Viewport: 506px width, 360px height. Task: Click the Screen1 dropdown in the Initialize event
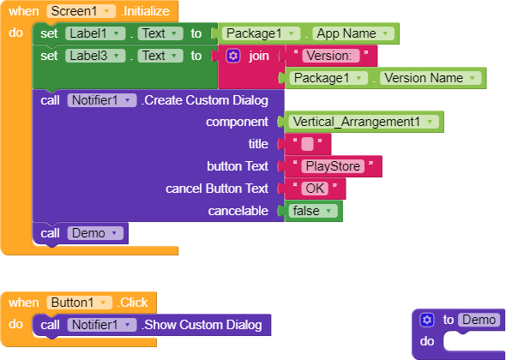(x=81, y=11)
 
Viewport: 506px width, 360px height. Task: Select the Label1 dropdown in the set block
(x=95, y=33)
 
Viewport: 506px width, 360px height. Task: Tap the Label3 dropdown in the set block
(x=95, y=56)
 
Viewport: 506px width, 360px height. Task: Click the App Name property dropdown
(x=353, y=33)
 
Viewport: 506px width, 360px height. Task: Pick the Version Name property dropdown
(x=431, y=78)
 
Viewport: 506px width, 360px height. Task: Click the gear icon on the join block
(x=233, y=56)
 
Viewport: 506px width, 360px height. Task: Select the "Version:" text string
(x=331, y=56)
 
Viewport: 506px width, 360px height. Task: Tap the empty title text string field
(x=307, y=144)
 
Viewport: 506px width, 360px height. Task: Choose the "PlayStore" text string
(x=333, y=166)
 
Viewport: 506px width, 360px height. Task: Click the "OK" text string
(x=315, y=189)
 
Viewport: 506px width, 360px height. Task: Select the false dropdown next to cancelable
(x=313, y=211)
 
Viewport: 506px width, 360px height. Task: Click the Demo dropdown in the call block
(x=95, y=233)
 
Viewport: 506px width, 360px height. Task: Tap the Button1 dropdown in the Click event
(x=79, y=303)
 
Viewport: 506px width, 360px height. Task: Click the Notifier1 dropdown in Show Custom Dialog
(x=102, y=325)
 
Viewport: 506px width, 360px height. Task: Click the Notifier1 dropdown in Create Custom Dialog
(x=102, y=100)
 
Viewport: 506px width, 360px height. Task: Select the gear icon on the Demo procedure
(x=427, y=320)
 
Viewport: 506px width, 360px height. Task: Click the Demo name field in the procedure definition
(x=479, y=320)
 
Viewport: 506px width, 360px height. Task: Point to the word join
(x=259, y=56)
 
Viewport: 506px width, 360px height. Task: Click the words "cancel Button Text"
(x=217, y=189)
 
